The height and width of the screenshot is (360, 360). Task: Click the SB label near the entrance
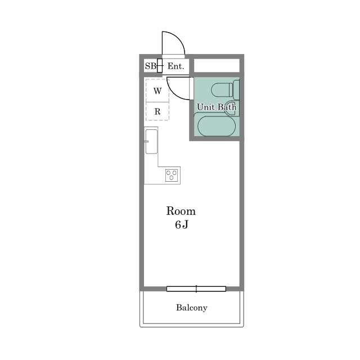coord(150,66)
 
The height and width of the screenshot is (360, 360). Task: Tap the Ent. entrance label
coord(175,66)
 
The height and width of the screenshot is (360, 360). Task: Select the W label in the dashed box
coord(157,91)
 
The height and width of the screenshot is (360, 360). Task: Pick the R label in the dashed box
coord(157,111)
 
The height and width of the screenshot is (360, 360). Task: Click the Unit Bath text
coord(216,107)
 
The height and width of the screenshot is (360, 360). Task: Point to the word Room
coord(181,211)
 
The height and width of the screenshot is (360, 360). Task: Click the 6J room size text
coord(181,224)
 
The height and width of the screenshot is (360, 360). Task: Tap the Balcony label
coord(192,308)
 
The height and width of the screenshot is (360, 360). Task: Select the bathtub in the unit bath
coord(217,127)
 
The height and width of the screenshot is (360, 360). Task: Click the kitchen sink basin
coord(151,141)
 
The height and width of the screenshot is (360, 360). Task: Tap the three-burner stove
coord(172,175)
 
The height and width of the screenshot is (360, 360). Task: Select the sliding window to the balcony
coord(196,289)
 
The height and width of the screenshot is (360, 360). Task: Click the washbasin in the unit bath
coord(231,108)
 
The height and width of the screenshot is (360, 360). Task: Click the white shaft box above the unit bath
coord(217,65)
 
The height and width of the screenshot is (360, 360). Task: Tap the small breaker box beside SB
coord(160,66)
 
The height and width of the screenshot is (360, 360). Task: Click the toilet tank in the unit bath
coord(236,90)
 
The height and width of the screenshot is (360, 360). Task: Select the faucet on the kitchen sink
coord(146,141)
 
